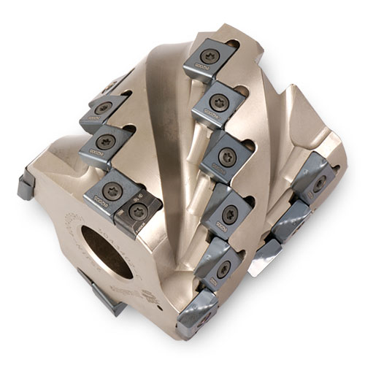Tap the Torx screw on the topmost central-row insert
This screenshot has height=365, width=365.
[x=210, y=57]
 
